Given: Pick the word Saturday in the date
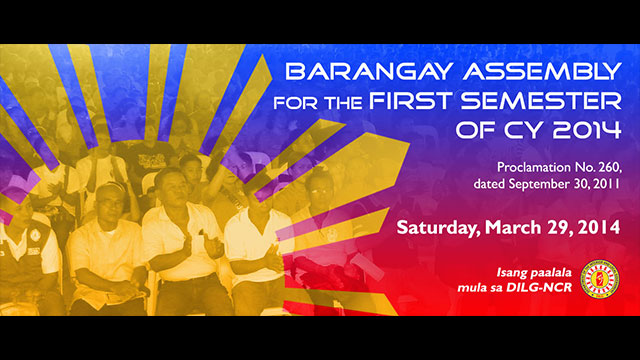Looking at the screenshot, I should point(439,227).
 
